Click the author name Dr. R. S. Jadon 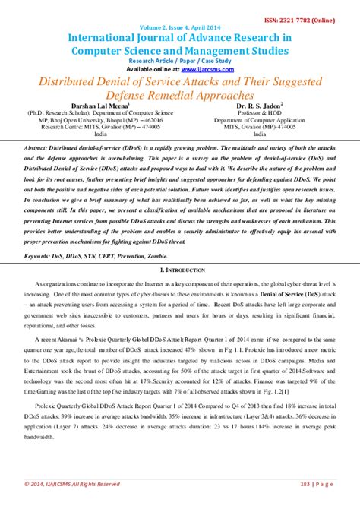point(259,107)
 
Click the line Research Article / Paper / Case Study point(181,59)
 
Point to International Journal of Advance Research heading point(179,36)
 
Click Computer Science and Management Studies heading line point(179,50)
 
